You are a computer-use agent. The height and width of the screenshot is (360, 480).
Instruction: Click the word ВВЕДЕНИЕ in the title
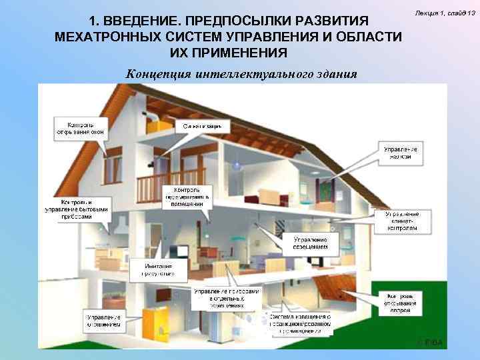[143, 20]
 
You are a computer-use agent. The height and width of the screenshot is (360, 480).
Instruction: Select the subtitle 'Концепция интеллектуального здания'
[241, 73]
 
